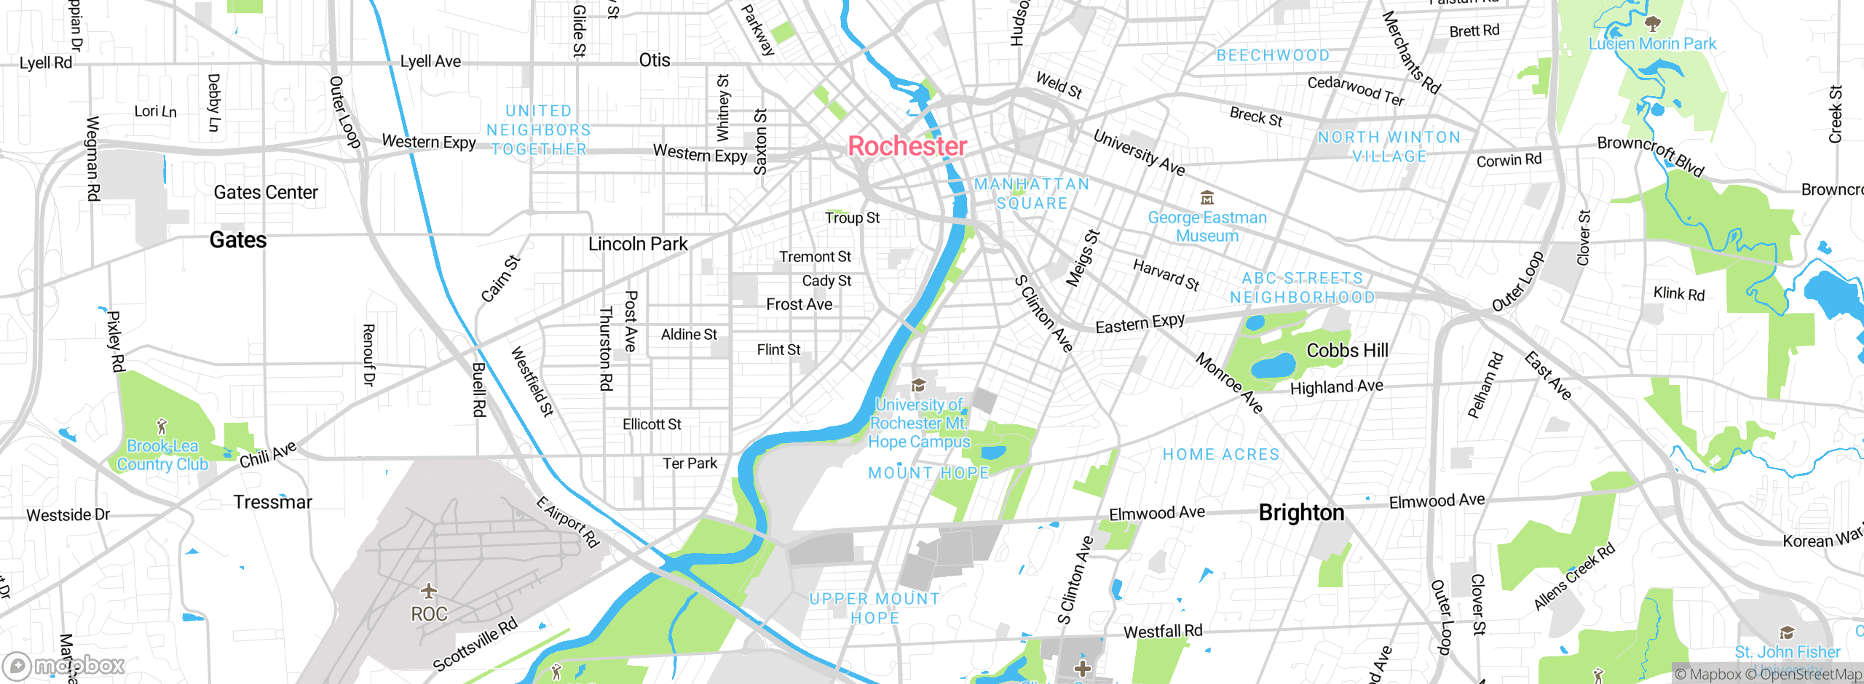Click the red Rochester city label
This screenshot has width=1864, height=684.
[907, 146]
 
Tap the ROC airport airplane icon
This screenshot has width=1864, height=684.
[429, 590]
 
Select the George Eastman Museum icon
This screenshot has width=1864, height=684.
[1207, 197]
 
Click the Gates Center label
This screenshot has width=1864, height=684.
[266, 192]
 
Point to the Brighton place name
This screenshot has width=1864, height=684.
[1301, 512]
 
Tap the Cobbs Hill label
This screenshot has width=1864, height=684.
[1347, 350]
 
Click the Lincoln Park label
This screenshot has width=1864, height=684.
[638, 244]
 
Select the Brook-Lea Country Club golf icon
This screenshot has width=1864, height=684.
[162, 426]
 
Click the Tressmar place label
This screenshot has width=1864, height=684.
[272, 502]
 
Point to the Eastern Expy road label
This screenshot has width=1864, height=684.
[1140, 323]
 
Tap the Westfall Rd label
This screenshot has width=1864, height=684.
[1163, 631]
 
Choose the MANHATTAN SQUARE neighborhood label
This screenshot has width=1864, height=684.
[1032, 194]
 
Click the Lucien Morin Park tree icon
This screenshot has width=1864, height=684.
[1653, 25]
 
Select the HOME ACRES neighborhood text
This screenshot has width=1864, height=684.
[1220, 454]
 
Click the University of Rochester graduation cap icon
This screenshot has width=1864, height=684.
[919, 385]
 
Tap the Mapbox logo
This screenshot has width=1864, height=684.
[64, 665]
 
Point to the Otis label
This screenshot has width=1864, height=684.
[654, 60]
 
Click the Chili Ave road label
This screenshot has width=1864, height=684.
[268, 455]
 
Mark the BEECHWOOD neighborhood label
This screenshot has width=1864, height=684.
[1273, 55]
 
